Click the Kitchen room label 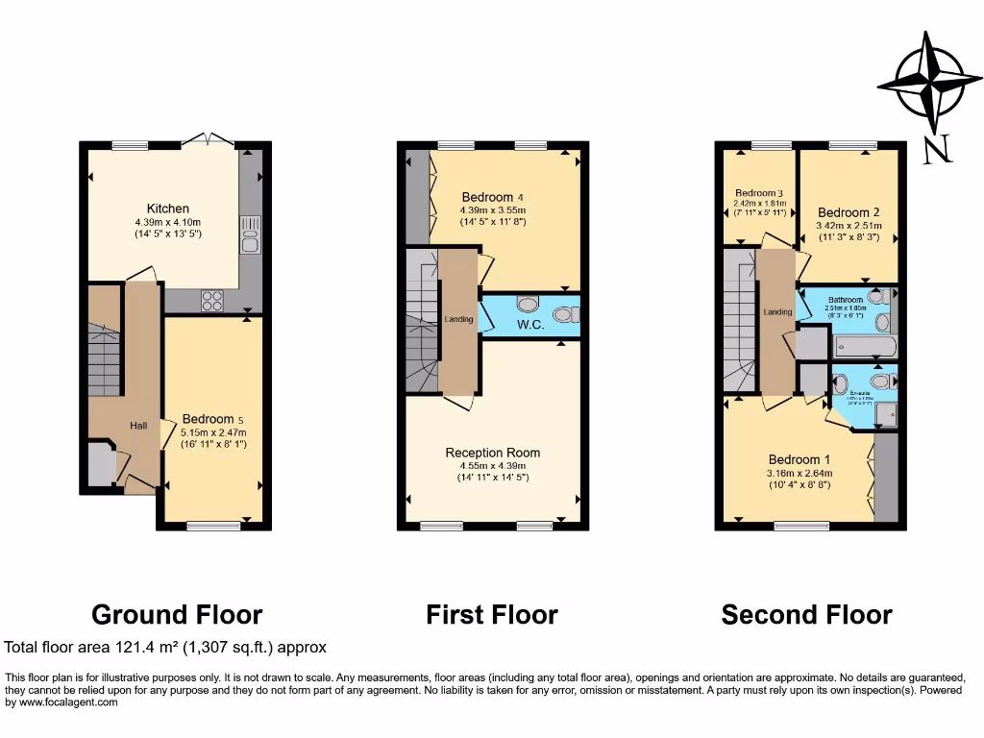click(x=167, y=209)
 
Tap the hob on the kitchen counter click(x=212, y=301)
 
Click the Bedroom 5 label click(x=208, y=419)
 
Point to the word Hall click(x=139, y=424)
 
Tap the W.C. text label click(x=530, y=325)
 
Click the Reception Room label click(x=492, y=453)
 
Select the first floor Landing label click(x=458, y=319)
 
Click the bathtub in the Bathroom click(x=866, y=346)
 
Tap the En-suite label click(x=860, y=393)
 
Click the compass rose click(x=927, y=82)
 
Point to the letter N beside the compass click(x=938, y=149)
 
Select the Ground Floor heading click(x=177, y=614)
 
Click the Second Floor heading click(x=806, y=614)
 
